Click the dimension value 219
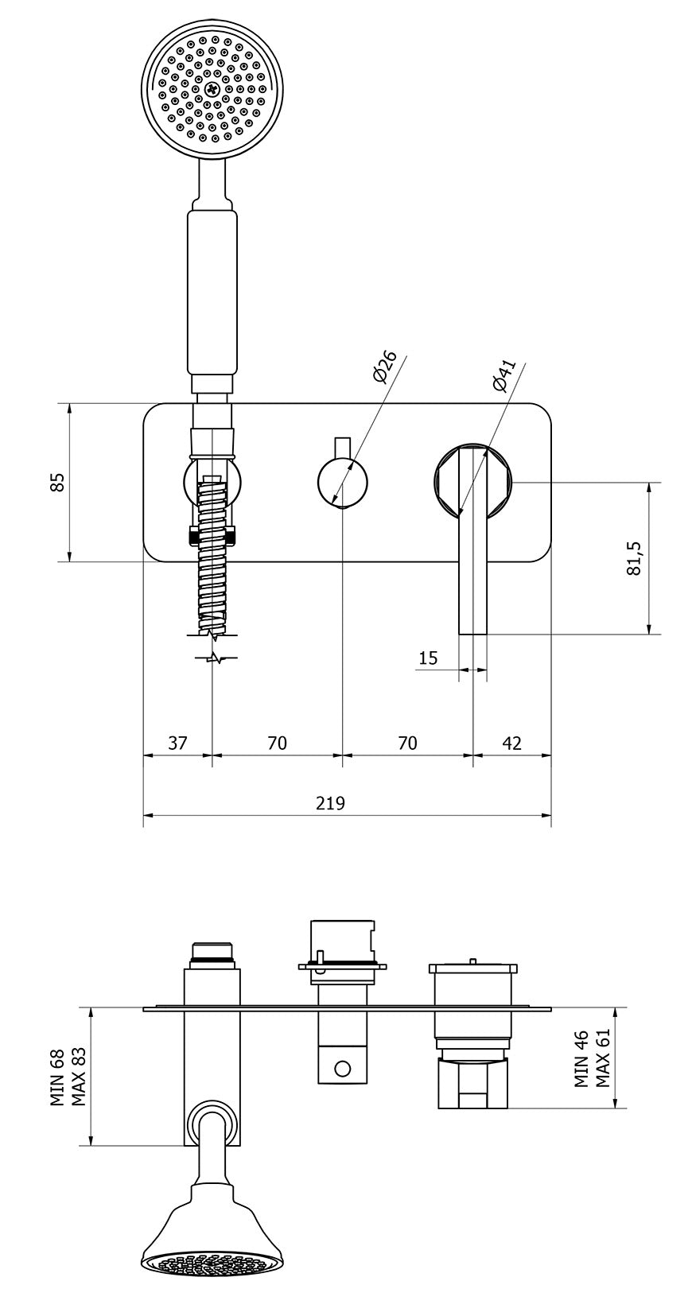pyautogui.click(x=330, y=803)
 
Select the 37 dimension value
pyautogui.click(x=177, y=743)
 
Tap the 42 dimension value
pyautogui.click(x=512, y=743)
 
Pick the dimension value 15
pyautogui.click(x=428, y=658)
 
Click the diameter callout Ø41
pyautogui.click(x=503, y=375)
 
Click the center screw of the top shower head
pyautogui.click(x=212, y=91)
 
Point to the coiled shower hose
pyautogui.click(x=212, y=557)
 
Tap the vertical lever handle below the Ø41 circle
pyautogui.click(x=472, y=573)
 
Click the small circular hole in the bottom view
pyautogui.click(x=343, y=1068)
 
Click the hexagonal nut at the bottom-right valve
pyautogui.click(x=472, y=1083)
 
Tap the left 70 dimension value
pyautogui.click(x=277, y=743)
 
